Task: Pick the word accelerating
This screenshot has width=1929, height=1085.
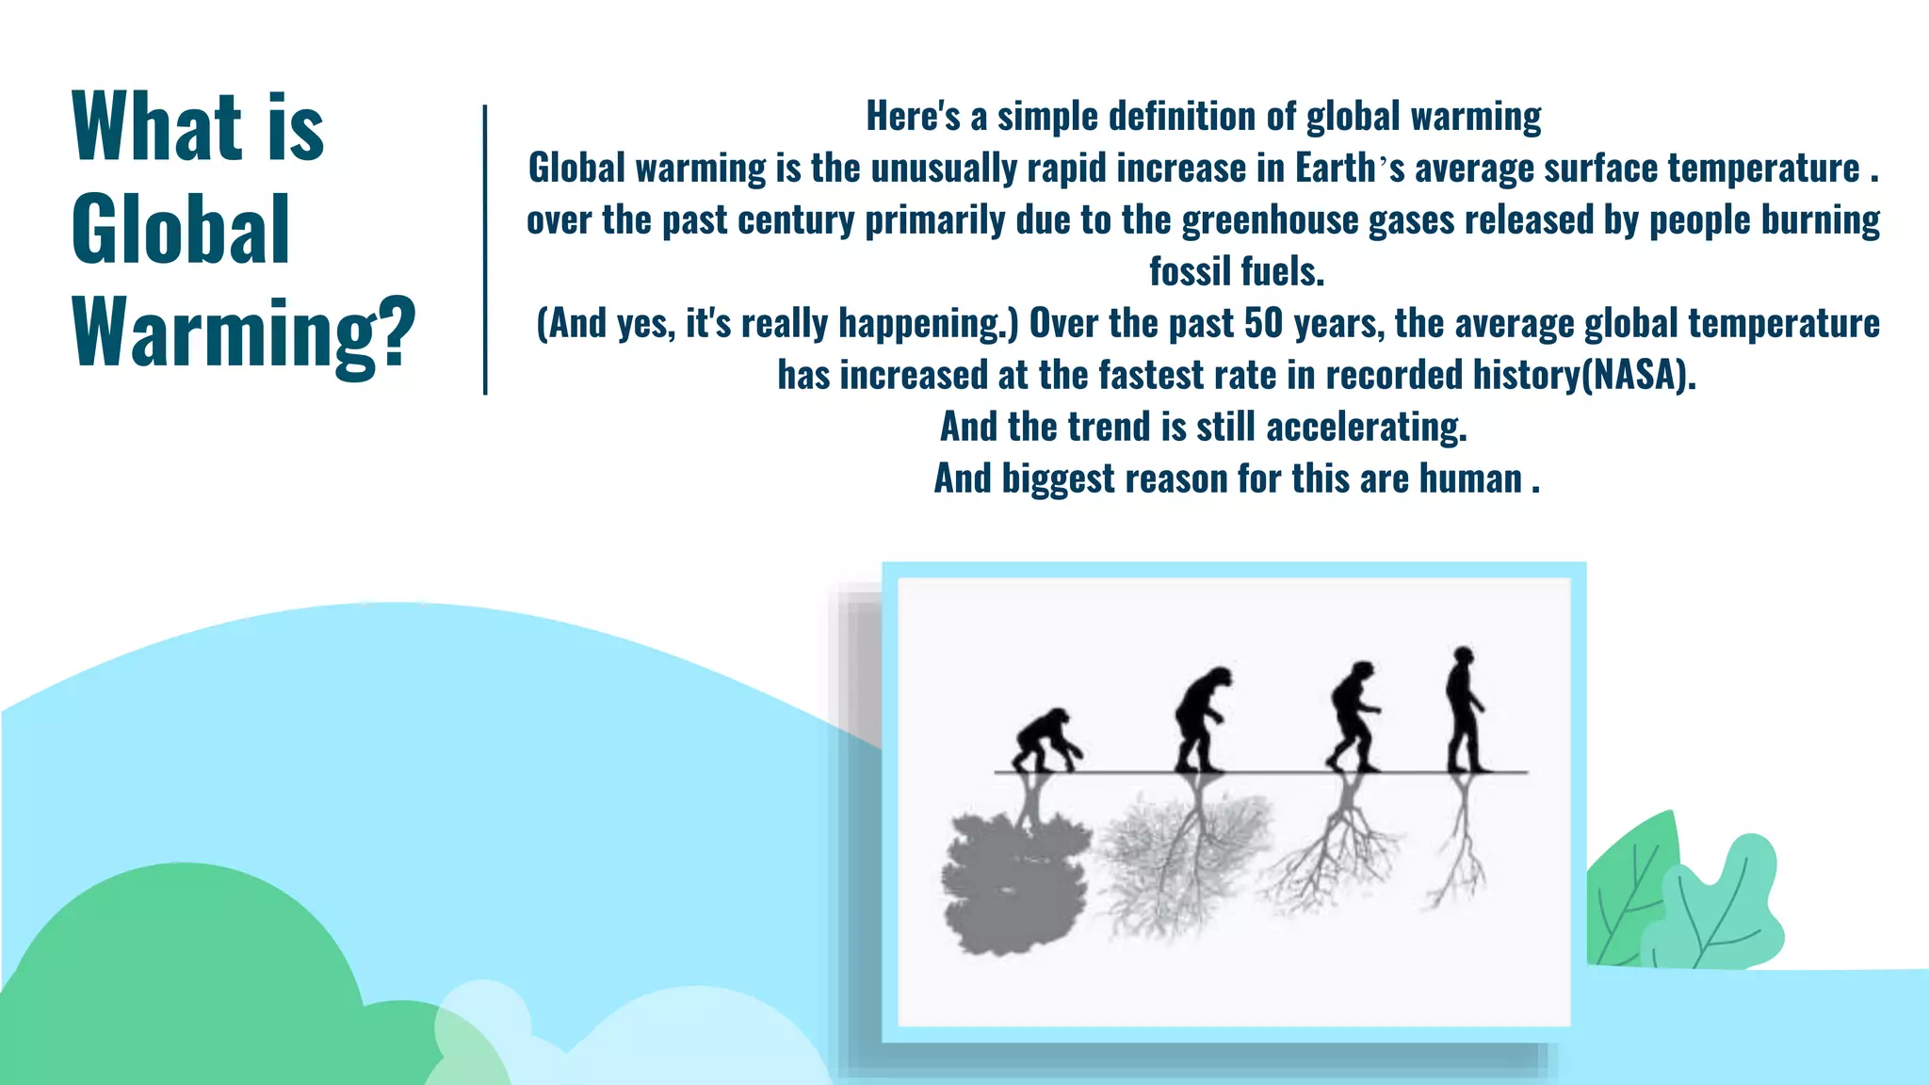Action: (1366, 427)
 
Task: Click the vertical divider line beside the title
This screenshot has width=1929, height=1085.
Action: (485, 250)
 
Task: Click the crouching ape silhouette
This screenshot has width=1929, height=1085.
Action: (1046, 738)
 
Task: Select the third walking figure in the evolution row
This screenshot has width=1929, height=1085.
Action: (1354, 715)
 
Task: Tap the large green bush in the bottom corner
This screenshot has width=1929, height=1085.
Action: (179, 980)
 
